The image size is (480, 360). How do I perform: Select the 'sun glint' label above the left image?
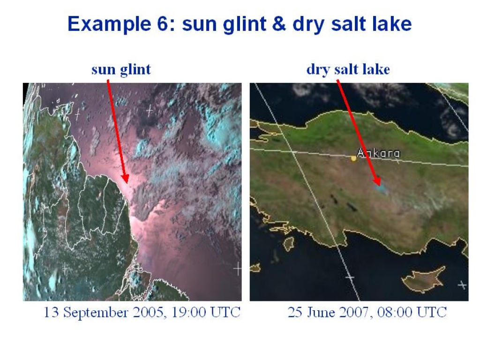[121, 69]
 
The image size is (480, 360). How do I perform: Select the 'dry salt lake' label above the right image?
[348, 69]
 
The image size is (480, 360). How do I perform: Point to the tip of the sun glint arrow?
[126, 183]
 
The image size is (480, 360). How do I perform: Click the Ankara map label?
[378, 153]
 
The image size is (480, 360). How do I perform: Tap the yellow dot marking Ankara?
[353, 158]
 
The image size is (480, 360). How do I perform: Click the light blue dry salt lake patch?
[381, 188]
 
